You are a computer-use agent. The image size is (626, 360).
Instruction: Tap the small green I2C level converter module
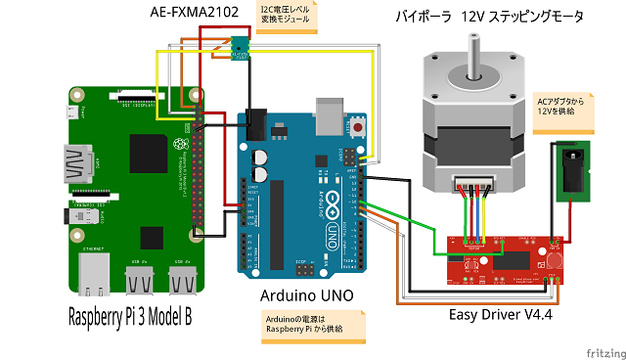(x=240, y=46)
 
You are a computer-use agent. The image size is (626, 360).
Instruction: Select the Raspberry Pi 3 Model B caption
(x=131, y=318)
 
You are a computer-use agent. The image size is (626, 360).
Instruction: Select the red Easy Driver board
(x=504, y=258)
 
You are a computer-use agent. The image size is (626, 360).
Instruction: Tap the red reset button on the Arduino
(x=359, y=127)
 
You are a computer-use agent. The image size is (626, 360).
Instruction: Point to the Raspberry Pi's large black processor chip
(x=152, y=237)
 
